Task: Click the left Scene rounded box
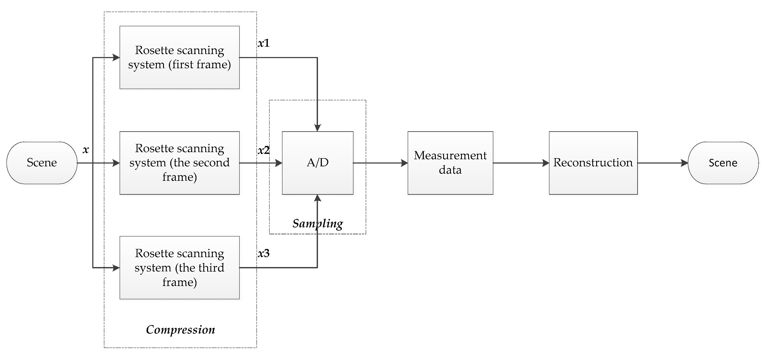pyautogui.click(x=42, y=163)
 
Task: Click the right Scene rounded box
pyautogui.click(x=723, y=163)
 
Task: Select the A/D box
pyautogui.click(x=317, y=163)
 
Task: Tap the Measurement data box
pyautogui.click(x=450, y=163)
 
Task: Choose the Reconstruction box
pyautogui.click(x=593, y=163)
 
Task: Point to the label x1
pyautogui.click(x=264, y=43)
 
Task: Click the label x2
pyautogui.click(x=264, y=151)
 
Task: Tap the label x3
pyautogui.click(x=264, y=253)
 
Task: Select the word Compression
pyautogui.click(x=180, y=329)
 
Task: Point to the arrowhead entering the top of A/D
pyautogui.click(x=317, y=128)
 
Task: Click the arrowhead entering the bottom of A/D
pyautogui.click(x=317, y=198)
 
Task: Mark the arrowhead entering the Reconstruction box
pyautogui.click(x=546, y=163)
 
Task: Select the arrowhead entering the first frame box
pyautogui.click(x=116, y=57)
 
